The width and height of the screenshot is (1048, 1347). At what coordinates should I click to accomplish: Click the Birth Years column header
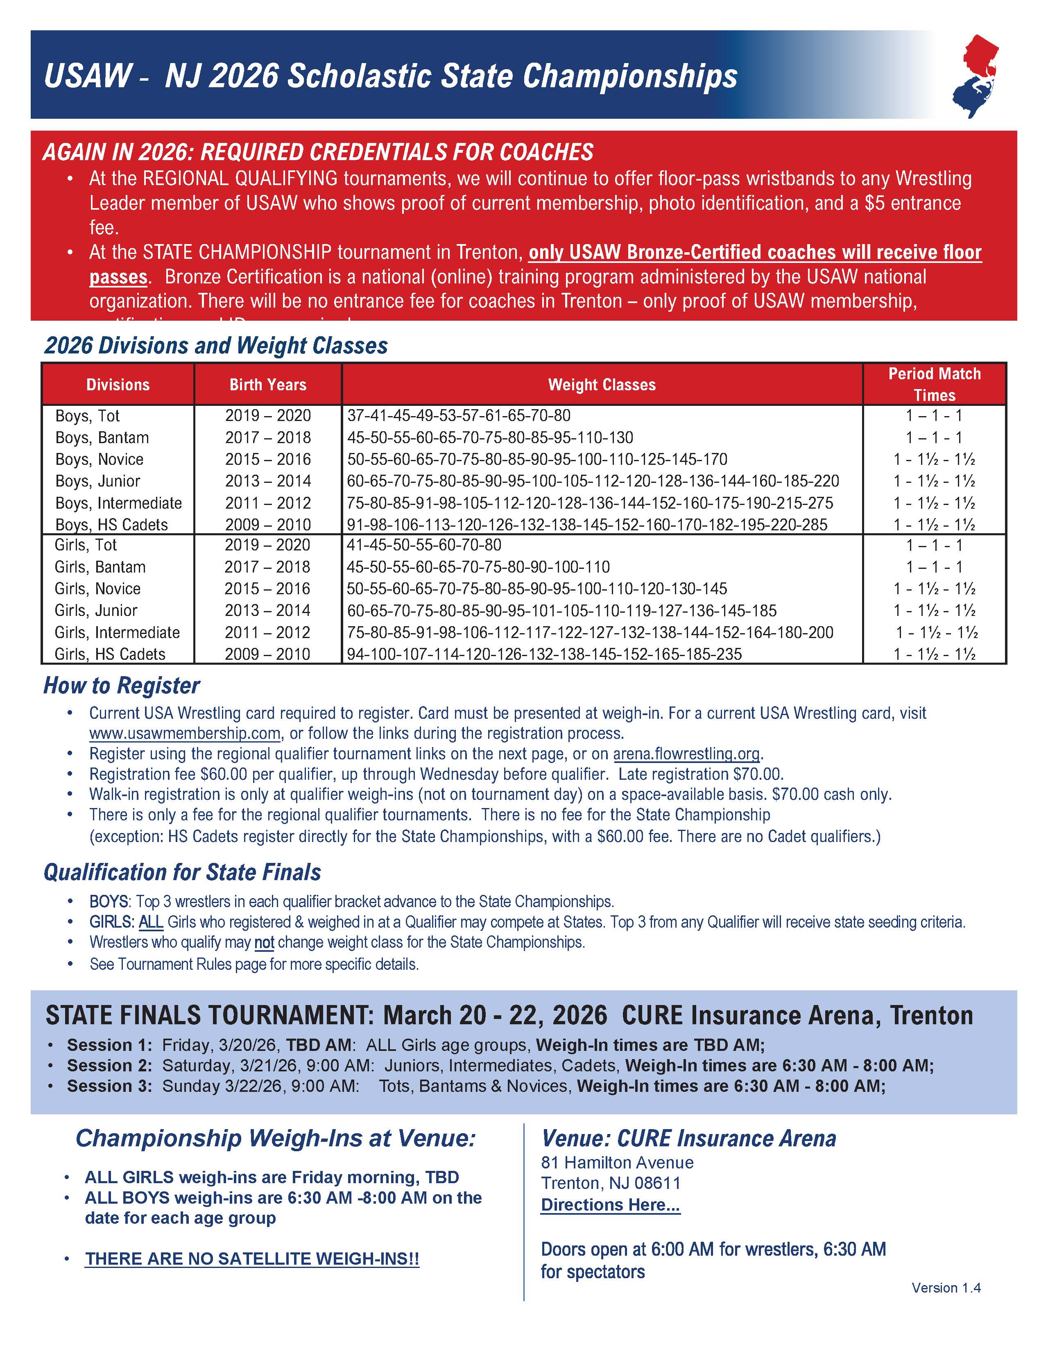[268, 385]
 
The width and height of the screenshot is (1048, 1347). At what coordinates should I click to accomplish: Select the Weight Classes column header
[602, 385]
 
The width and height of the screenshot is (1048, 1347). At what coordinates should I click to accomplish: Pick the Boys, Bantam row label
[102, 438]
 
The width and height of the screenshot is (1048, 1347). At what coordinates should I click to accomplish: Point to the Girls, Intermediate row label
[117, 633]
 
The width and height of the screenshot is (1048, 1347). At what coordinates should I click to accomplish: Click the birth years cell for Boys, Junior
[268, 481]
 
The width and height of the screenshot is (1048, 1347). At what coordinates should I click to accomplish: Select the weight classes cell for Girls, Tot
[424, 545]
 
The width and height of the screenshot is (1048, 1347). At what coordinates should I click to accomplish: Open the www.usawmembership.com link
[185, 733]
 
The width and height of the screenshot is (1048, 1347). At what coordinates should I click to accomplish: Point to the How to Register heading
[122, 686]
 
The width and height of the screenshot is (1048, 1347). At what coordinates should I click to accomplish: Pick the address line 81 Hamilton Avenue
[617, 1163]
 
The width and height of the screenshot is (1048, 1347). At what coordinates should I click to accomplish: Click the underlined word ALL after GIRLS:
[151, 922]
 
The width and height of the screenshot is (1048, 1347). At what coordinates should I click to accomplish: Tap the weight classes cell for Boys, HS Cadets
[586, 525]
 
